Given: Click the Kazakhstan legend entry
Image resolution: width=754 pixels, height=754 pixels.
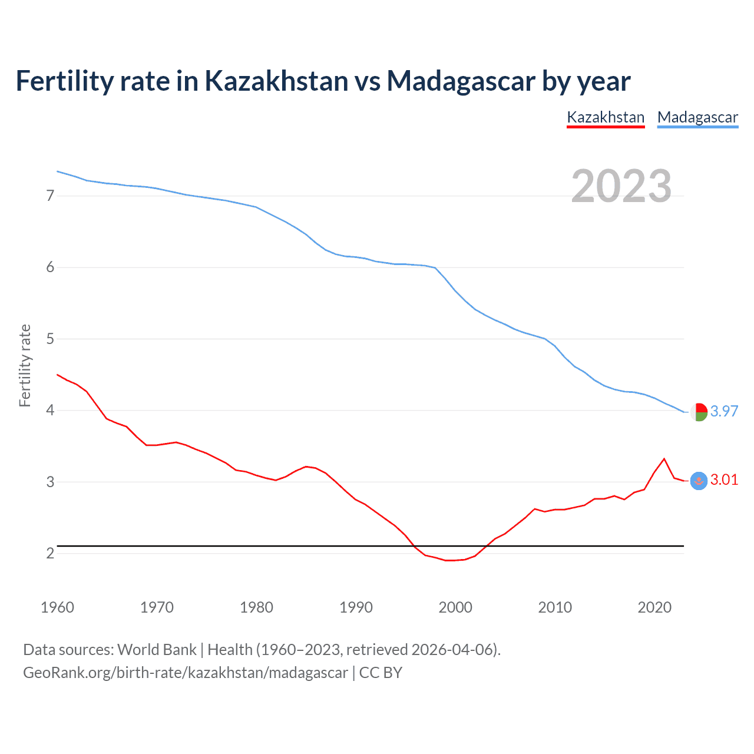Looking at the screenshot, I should (x=606, y=117).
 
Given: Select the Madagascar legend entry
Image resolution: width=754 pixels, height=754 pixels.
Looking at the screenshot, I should (x=697, y=117).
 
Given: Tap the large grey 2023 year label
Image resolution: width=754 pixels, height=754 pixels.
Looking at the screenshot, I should (x=621, y=186).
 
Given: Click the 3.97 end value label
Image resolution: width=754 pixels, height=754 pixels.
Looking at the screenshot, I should (x=724, y=411).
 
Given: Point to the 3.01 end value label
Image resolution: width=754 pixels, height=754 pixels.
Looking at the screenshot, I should (x=724, y=479).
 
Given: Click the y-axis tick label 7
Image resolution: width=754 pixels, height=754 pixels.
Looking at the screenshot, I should (x=50, y=196).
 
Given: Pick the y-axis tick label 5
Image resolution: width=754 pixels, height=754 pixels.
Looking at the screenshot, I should (x=50, y=339).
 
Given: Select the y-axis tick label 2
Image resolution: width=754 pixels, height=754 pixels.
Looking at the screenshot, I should (x=50, y=553).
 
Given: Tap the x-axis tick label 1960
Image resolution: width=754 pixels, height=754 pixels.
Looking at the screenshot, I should (x=57, y=607).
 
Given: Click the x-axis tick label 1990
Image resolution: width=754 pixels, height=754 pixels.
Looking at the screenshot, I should (x=356, y=607).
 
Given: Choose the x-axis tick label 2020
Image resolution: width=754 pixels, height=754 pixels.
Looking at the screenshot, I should (x=654, y=607).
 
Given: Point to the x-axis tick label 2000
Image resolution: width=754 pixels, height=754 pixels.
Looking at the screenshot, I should (x=455, y=607).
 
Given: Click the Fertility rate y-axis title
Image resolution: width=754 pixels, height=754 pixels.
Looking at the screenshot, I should (x=25, y=365).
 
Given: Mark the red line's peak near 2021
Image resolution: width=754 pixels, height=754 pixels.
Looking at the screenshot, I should (x=664, y=459).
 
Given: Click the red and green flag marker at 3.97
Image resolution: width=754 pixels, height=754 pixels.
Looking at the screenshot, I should (x=699, y=412).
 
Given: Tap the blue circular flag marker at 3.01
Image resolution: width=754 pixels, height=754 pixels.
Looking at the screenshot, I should (x=699, y=481).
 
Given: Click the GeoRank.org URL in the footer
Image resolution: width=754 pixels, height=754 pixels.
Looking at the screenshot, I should (x=185, y=673).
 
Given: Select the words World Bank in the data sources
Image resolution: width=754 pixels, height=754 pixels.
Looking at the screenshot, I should (x=157, y=650).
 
